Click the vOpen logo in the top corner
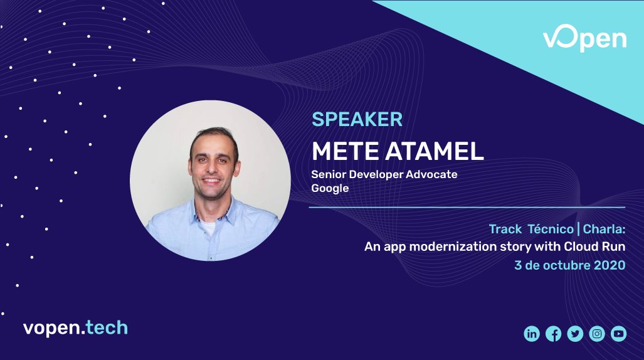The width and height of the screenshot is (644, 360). (584, 39)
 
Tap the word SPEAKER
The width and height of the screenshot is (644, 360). (357, 119)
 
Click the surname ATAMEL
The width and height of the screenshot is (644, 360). (432, 151)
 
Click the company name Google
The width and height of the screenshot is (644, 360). (330, 188)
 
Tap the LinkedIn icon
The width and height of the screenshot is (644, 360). (532, 334)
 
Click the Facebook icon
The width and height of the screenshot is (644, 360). (553, 334)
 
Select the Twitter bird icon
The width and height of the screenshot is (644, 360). (575, 334)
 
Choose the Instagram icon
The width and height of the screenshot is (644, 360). (597, 334)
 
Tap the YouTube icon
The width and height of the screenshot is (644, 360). (618, 334)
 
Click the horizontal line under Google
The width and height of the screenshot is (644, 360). (467, 207)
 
